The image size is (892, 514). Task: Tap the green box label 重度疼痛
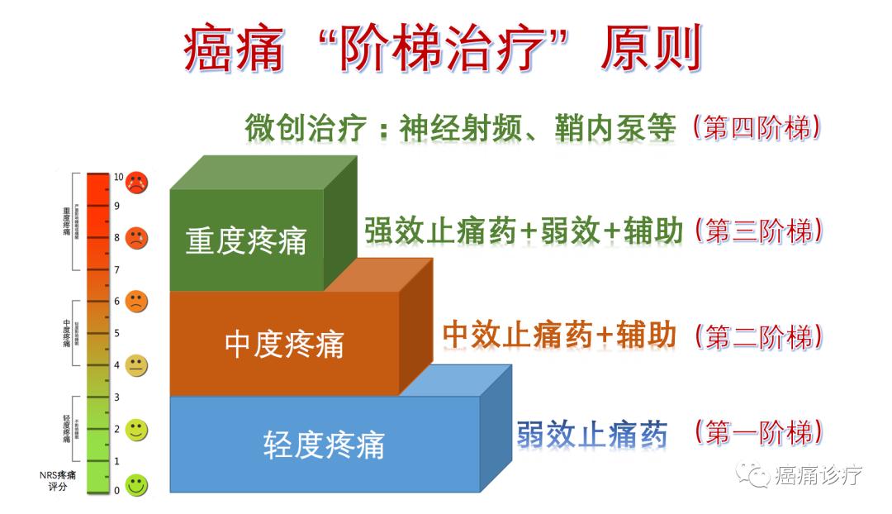[246, 240]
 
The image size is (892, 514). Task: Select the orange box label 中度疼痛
[284, 344]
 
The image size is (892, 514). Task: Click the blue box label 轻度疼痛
[324, 445]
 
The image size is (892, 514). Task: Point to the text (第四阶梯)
[758, 128]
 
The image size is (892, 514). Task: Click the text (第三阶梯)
[758, 231]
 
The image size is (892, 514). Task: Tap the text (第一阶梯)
[758, 432]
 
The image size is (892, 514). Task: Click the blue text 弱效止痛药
[592, 433]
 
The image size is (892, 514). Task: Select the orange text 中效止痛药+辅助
[559, 335]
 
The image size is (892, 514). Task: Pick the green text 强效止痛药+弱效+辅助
[524, 232]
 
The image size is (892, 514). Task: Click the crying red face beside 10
[136, 181]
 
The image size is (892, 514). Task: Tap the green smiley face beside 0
[136, 486]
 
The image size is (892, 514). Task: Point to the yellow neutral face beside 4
[136, 365]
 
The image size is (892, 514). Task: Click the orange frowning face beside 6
[136, 302]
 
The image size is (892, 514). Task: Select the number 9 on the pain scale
[116, 206]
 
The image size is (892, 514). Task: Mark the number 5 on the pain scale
[116, 333]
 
